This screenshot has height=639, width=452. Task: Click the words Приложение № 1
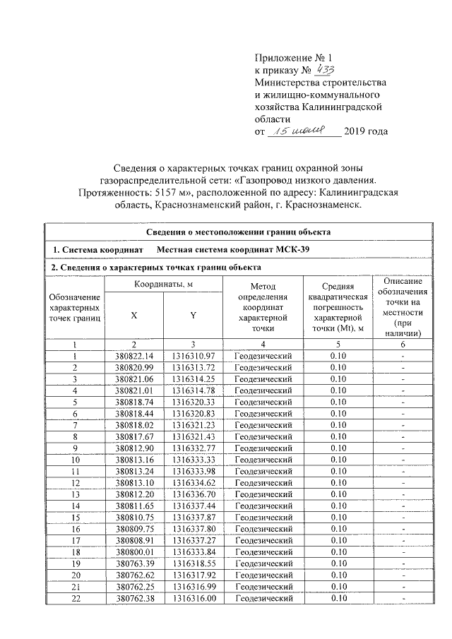coord(292,58)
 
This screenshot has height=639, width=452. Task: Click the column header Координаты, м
coord(163,284)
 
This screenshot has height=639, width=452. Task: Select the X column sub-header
coord(133,315)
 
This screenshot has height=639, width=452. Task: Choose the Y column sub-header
coord(192,315)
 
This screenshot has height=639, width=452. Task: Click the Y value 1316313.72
coord(192,367)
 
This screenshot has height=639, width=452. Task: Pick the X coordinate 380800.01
coord(133,551)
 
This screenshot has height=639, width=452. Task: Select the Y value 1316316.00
coord(192,599)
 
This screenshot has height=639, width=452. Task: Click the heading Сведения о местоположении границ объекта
coord(239,232)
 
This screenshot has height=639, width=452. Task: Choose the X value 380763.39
coord(133,563)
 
